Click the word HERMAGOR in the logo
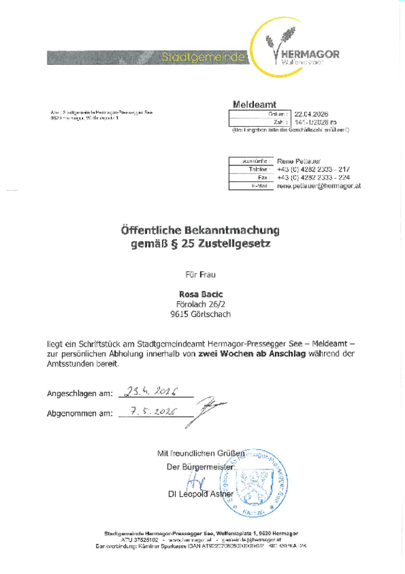310,54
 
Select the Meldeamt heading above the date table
255,105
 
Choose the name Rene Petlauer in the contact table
299,160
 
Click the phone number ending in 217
313,169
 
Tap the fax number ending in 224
313,177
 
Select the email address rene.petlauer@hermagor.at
318,186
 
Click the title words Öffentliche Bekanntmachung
200,230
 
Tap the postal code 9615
179,314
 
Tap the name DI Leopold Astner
201,494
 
